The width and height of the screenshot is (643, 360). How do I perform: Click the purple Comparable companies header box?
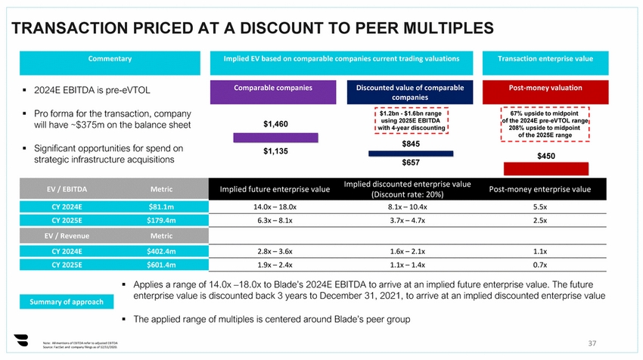[273, 88]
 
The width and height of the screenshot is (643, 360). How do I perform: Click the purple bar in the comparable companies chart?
[273, 138]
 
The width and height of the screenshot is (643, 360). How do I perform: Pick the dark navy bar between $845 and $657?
[411, 154]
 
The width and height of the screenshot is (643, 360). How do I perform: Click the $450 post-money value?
[547, 156]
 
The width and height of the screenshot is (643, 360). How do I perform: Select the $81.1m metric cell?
[161, 206]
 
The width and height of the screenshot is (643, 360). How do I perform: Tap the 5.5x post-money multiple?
[540, 206]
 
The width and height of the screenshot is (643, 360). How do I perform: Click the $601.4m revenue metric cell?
[161, 265]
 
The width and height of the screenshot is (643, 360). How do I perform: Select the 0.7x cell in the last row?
[540, 265]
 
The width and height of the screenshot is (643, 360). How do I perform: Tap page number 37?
[592, 344]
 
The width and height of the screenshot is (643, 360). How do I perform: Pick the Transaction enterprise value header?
[545, 58]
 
